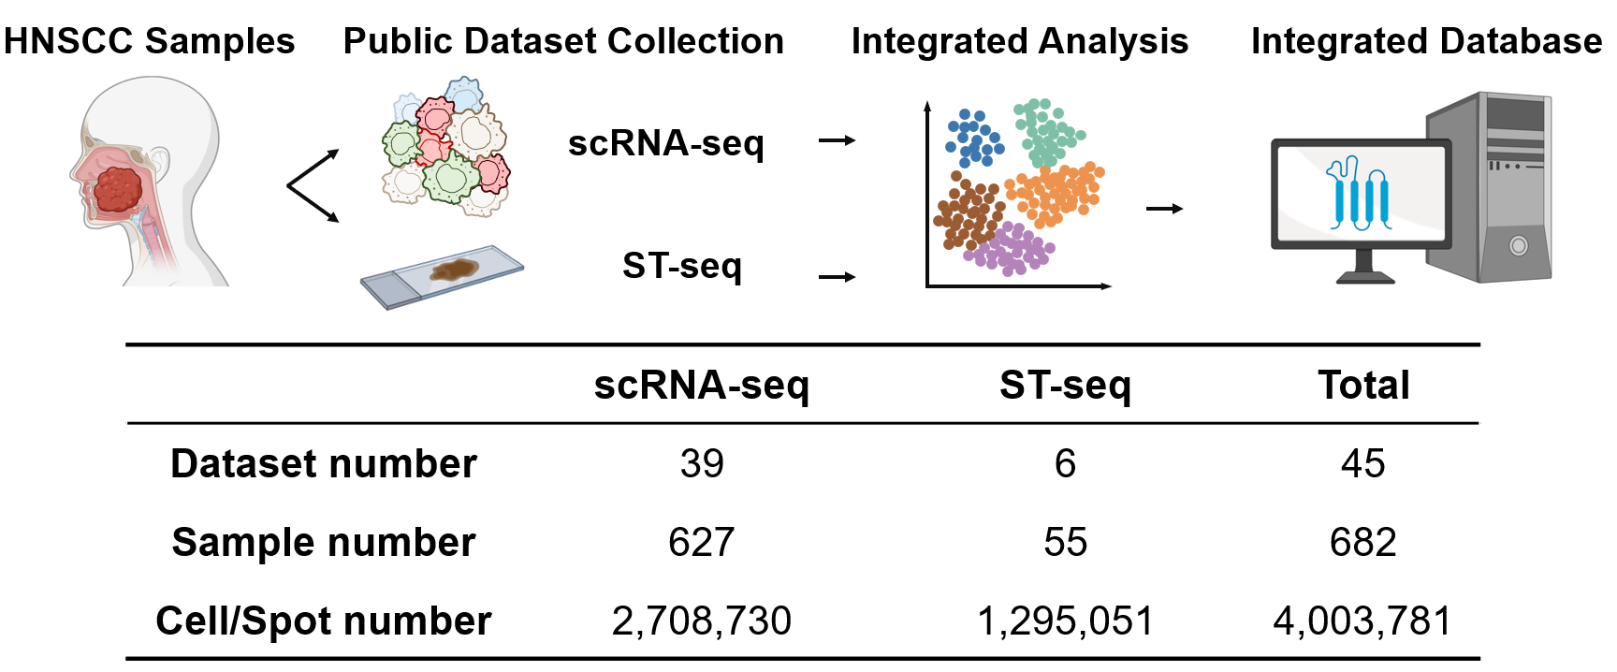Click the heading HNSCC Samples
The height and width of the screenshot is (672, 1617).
point(149,41)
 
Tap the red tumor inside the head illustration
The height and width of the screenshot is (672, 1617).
point(117,188)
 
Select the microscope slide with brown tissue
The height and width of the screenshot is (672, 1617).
point(443,276)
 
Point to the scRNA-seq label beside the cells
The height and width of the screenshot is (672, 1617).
point(665,143)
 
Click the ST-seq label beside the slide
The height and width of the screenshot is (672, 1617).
point(681,266)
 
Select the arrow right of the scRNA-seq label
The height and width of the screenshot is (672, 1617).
point(837,141)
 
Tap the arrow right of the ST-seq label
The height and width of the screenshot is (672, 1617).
point(837,277)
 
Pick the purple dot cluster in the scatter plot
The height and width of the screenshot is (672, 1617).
point(1009,249)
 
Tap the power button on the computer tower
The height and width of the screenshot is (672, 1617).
point(1518,246)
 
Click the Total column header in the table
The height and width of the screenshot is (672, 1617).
point(1362,386)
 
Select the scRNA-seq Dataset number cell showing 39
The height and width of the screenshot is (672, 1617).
point(701,464)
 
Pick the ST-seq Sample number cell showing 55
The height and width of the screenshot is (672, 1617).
point(1065,543)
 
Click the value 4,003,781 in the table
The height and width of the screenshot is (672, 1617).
point(1362,621)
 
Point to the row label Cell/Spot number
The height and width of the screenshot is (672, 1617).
point(323,621)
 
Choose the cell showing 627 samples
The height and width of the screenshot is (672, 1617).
point(701,543)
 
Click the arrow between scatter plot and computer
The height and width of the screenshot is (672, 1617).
point(1164,209)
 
